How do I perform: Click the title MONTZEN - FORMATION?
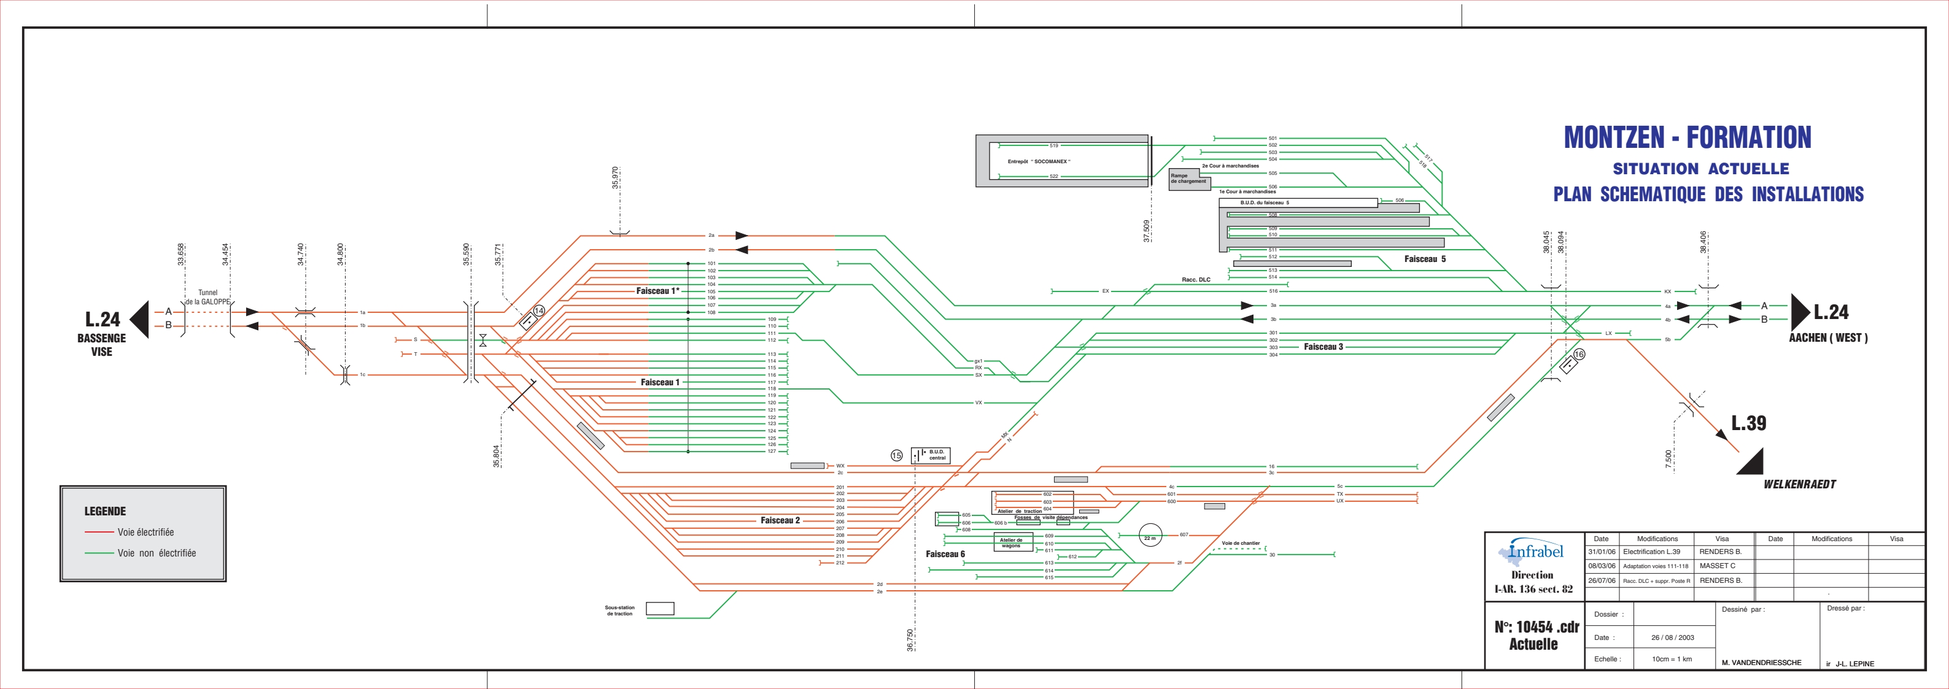(1687, 137)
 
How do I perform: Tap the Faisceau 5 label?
(1425, 260)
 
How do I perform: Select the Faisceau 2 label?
(780, 520)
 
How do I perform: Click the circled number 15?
(897, 455)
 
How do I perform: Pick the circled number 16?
(1579, 354)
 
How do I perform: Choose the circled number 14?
(539, 311)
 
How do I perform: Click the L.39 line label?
(1748, 423)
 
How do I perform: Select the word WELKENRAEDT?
(1799, 485)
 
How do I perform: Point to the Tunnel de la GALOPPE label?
(208, 297)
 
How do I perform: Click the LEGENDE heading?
(105, 511)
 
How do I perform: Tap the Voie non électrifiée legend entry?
(156, 553)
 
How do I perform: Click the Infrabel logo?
(1532, 552)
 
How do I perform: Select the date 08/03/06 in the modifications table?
(1601, 566)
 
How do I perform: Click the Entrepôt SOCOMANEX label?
(1038, 161)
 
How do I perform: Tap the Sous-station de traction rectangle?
(660, 608)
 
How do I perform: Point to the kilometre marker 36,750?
(910, 640)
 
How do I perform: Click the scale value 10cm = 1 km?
(1672, 659)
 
